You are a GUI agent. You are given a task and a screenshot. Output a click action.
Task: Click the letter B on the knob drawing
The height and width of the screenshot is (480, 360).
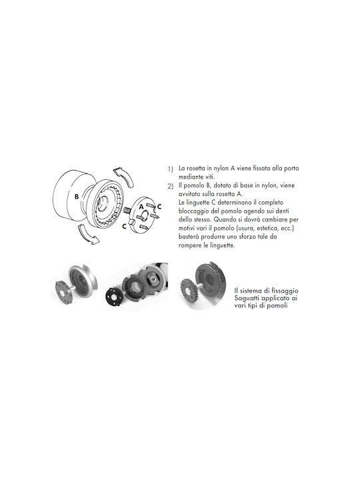tap(77, 197)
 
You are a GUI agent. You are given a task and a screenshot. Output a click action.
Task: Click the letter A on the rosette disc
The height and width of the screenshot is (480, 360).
tap(141, 207)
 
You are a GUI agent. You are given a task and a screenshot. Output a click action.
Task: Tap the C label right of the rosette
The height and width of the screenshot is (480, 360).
tap(159, 207)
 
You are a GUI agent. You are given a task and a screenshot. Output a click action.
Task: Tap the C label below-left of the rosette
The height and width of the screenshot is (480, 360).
tap(124, 226)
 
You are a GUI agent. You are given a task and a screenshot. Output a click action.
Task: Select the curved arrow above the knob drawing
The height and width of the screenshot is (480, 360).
tap(125, 176)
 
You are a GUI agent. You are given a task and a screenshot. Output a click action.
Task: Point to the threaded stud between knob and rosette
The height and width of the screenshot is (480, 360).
tap(127, 211)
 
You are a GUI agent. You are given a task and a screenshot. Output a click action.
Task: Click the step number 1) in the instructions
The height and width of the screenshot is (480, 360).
tap(170, 169)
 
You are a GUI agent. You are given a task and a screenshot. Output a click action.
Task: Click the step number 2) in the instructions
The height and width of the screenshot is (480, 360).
tap(171, 186)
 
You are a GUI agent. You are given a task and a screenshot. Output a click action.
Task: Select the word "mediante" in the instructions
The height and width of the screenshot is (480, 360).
tap(191, 177)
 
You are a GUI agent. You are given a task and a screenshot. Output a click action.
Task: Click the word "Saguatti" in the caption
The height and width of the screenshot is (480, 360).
tap(247, 298)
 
